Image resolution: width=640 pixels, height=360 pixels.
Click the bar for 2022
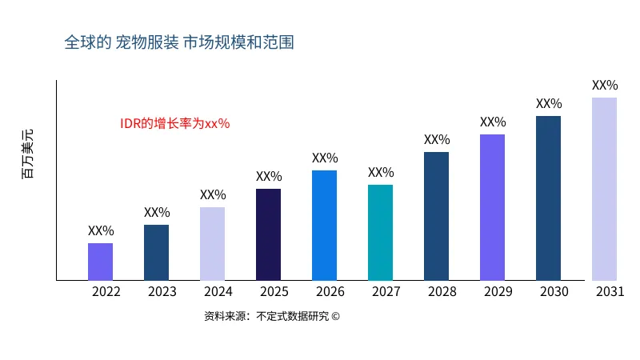101,262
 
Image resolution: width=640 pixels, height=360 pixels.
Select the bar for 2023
157,253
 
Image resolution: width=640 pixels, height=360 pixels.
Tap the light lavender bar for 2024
213,244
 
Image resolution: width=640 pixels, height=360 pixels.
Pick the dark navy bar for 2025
269,234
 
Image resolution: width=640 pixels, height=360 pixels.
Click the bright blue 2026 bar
325,226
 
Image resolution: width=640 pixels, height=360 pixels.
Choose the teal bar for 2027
381,233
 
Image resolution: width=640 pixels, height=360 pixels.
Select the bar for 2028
437,216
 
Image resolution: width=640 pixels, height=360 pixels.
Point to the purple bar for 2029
493,207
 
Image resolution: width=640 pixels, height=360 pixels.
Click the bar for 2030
549,198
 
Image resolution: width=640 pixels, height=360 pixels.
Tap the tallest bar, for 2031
605,189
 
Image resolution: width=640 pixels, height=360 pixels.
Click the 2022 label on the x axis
106,292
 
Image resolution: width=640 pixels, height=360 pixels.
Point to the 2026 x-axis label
330,292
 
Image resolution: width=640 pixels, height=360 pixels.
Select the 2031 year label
610,292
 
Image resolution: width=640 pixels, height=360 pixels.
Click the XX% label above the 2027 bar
381,173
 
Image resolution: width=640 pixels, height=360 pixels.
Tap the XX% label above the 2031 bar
605,86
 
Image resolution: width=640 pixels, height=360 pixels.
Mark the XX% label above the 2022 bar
101,231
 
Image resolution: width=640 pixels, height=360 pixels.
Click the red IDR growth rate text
175,123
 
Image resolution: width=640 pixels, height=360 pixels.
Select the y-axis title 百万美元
29,154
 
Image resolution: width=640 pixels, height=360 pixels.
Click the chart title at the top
179,42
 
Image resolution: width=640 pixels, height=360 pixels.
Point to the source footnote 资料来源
272,316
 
